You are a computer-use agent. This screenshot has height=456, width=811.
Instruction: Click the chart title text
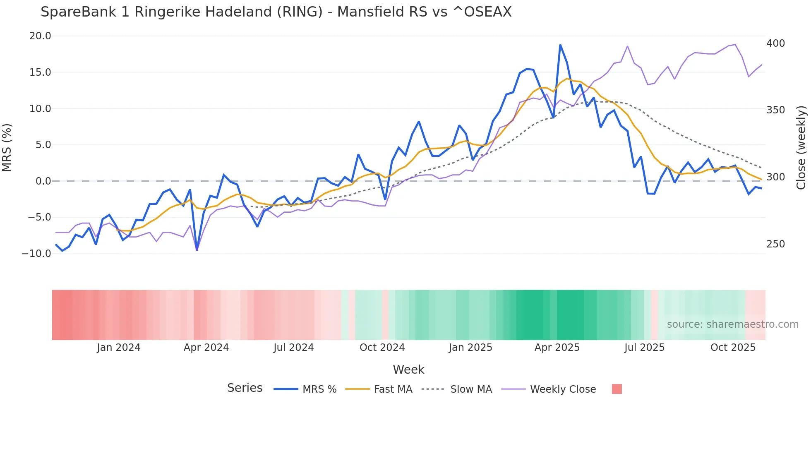pyautogui.click(x=276, y=12)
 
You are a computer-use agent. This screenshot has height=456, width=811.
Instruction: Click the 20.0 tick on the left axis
pyautogui.click(x=40, y=36)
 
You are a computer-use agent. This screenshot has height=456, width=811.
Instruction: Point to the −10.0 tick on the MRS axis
pyautogui.click(x=36, y=254)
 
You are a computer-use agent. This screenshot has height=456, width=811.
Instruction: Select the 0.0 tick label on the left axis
pyautogui.click(x=43, y=181)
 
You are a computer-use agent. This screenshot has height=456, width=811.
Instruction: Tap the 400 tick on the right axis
pyautogui.click(x=775, y=43)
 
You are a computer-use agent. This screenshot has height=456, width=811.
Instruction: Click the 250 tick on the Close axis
pyautogui.click(x=775, y=244)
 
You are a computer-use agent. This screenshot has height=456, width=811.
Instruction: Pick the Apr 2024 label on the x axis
pyautogui.click(x=206, y=348)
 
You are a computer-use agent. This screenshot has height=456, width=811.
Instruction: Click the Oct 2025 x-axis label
pyautogui.click(x=733, y=348)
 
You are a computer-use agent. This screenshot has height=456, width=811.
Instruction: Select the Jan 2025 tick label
pyautogui.click(x=470, y=348)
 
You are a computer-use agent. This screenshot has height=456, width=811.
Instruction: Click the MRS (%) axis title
pyautogui.click(x=7, y=147)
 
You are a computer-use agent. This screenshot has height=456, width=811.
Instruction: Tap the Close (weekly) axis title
pyautogui.click(x=801, y=147)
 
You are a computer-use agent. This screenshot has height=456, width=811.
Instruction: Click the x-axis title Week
pyautogui.click(x=408, y=370)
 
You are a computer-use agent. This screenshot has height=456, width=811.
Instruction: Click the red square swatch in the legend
pyautogui.click(x=617, y=389)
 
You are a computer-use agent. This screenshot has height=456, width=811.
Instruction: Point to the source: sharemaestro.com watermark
pyautogui.click(x=732, y=324)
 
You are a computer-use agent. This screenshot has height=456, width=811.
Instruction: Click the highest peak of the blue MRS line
pyautogui.click(x=560, y=45)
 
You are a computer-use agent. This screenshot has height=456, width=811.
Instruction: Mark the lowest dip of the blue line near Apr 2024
pyautogui.click(x=197, y=250)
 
